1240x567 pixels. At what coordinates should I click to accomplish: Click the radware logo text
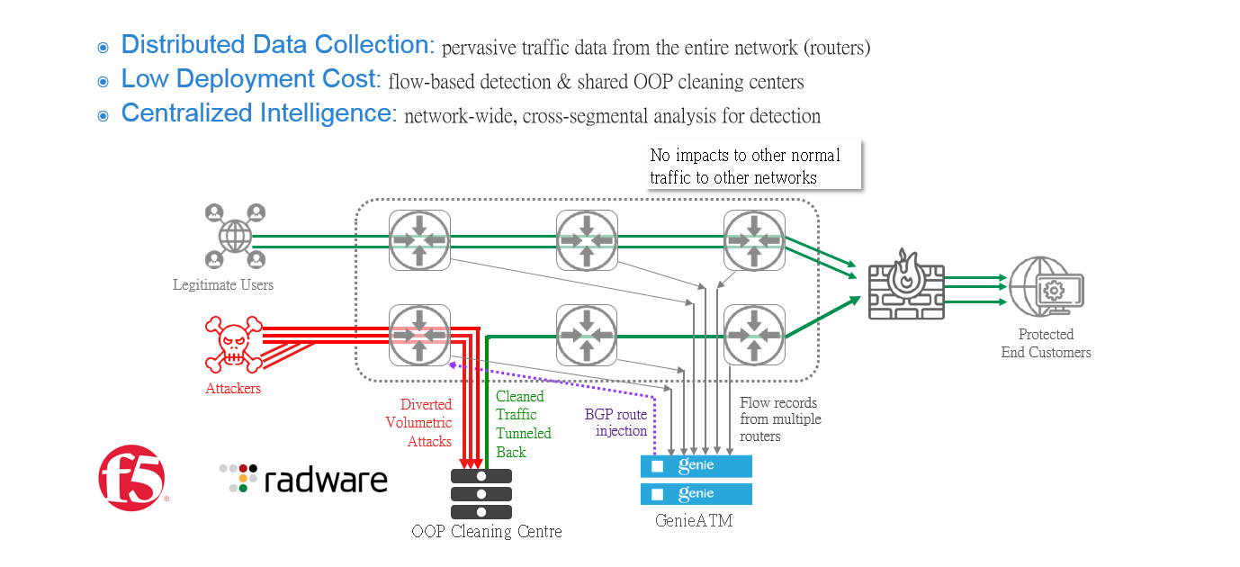304,479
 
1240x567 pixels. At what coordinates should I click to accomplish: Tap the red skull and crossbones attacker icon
233,344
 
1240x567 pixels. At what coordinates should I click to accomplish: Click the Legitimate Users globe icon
235,237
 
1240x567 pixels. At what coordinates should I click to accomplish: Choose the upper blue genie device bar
696,465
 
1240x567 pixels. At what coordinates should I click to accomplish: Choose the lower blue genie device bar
696,493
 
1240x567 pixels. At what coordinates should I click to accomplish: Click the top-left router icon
419,240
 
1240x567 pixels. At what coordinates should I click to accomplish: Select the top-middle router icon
587,240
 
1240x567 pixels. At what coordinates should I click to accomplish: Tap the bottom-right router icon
754,335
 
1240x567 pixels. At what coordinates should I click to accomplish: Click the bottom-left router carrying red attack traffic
419,335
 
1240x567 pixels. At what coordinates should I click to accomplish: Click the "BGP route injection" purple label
616,422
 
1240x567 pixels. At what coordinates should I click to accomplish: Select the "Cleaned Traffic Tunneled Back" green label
522,424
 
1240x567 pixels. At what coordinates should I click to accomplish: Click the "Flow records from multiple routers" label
780,419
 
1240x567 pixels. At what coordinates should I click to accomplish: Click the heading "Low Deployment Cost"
247,79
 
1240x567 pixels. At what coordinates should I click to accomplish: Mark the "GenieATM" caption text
693,519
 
